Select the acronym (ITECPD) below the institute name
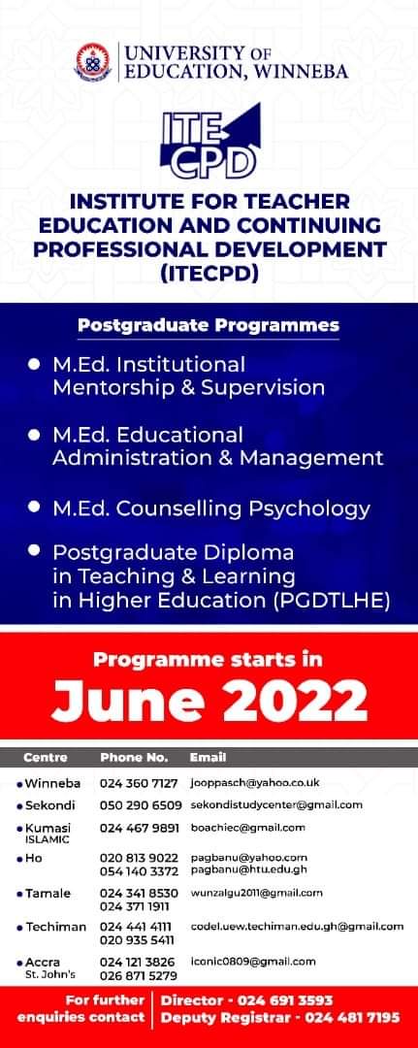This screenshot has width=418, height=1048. point(209,273)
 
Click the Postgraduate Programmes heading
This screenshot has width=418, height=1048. point(209,326)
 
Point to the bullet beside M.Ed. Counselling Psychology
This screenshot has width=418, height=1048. point(35,507)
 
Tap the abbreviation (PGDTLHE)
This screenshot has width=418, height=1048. point(331,600)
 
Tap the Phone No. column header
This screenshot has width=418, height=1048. point(134,758)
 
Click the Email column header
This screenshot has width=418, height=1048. point(208,758)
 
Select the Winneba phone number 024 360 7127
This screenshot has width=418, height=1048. point(139,783)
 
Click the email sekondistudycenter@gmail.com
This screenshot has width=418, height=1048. point(276,805)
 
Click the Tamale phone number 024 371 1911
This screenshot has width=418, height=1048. point(134,907)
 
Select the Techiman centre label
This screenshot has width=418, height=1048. point(56,927)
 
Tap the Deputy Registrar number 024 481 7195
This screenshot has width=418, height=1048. point(353,1018)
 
